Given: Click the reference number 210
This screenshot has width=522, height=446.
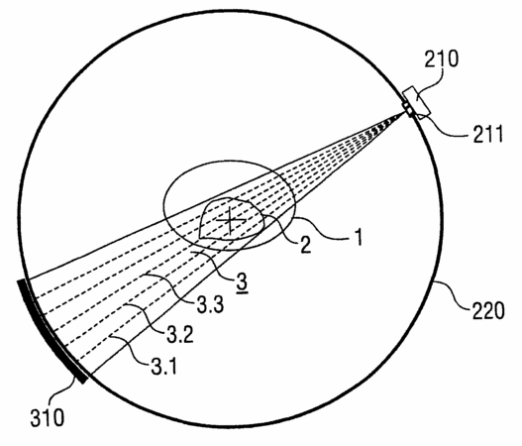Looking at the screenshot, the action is point(442,58).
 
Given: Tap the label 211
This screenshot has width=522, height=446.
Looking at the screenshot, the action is point(488,134).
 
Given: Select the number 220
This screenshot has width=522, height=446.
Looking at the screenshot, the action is point(487,311).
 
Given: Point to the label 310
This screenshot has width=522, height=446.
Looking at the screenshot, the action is point(48,417).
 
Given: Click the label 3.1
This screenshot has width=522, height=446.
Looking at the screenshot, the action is point(164,366).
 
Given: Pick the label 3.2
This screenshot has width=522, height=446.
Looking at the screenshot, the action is point(180,334).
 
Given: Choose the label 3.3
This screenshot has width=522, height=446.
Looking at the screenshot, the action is point(210,304).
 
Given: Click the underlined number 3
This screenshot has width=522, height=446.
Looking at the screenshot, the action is point(242,282).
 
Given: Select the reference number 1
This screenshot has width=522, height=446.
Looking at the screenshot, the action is point(359,237).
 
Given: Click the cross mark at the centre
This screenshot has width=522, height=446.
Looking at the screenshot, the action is point(231,220).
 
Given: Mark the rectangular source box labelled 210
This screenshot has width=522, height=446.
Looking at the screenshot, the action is point(416,102).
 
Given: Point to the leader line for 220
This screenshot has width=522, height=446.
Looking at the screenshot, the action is point(452,294).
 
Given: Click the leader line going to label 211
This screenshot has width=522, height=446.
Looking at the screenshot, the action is point(444,125).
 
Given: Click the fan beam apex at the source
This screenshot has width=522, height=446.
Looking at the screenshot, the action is point(406,112).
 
